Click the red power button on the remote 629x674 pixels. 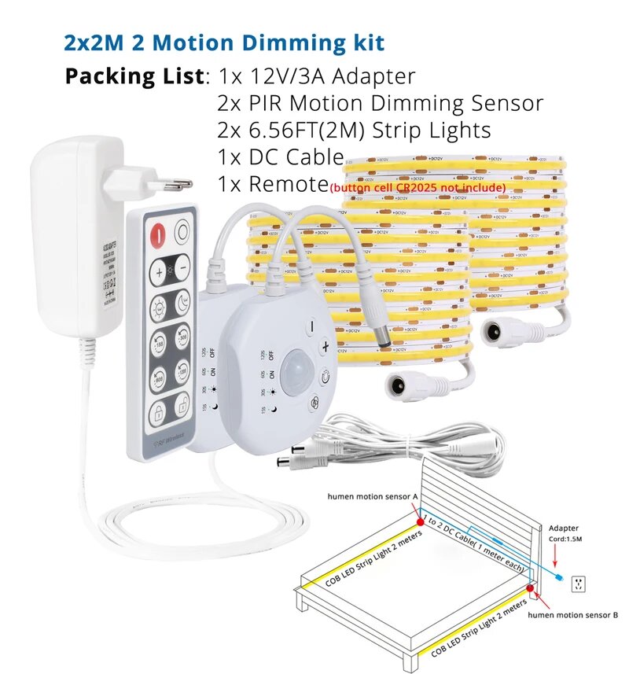point(158,234)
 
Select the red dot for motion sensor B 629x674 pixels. point(531,586)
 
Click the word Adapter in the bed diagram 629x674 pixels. point(565,528)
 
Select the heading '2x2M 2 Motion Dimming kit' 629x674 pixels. point(225,42)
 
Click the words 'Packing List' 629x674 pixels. point(134,77)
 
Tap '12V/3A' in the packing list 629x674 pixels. point(290,77)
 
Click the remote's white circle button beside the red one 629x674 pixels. point(183,233)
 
